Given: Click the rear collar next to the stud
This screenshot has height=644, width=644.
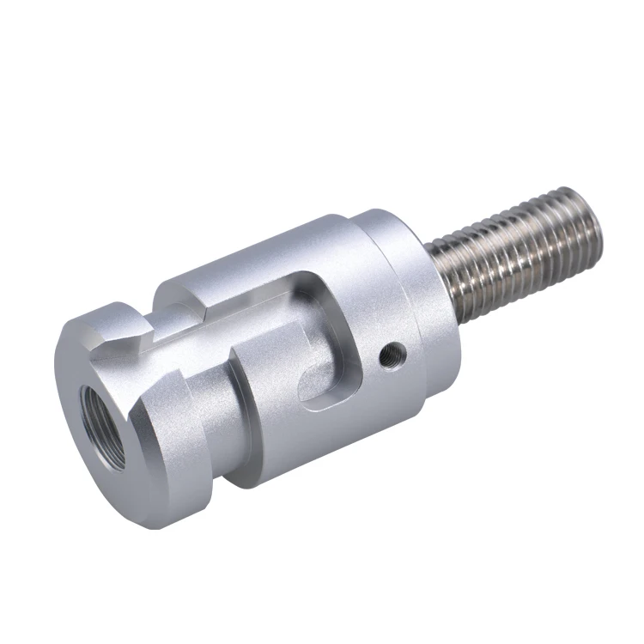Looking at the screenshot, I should click(412, 283).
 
